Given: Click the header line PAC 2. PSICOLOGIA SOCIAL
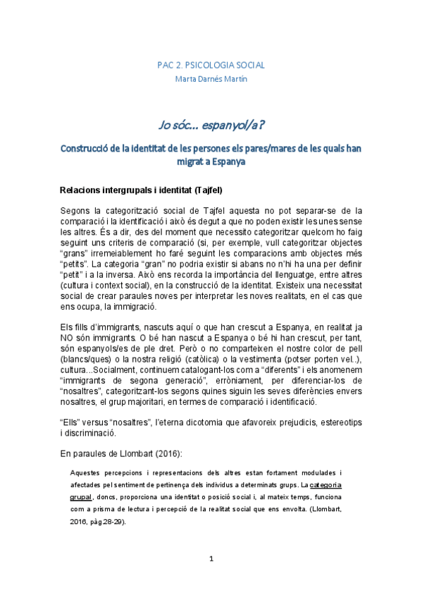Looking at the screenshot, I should [211, 65].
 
